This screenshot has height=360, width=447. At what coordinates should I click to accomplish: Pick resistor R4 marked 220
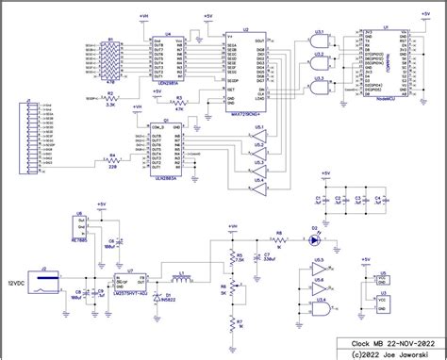(x=112, y=162)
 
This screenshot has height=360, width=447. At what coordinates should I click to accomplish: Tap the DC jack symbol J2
(x=46, y=276)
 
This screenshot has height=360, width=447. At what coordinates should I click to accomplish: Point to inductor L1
(x=179, y=278)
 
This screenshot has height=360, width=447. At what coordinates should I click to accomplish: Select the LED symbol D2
(x=314, y=239)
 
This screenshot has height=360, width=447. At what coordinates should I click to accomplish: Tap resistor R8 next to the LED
(x=278, y=239)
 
